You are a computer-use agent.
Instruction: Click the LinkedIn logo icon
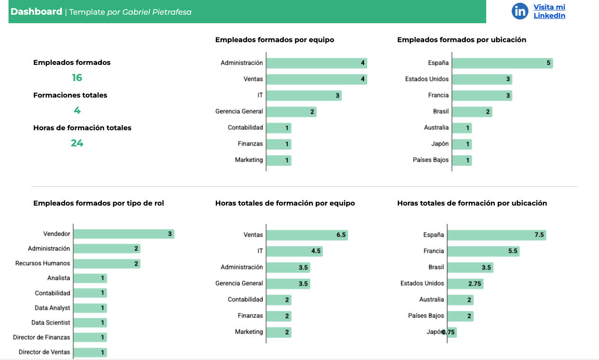point(520,11)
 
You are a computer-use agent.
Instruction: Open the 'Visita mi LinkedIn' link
point(549,11)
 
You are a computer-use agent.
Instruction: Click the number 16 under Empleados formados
point(77,78)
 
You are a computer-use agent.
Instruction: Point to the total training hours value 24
point(77,143)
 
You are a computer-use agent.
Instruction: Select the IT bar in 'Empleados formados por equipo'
point(304,96)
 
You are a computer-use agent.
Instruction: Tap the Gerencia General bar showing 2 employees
point(291,112)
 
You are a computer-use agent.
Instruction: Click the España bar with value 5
point(502,63)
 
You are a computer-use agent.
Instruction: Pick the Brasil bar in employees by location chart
point(472,112)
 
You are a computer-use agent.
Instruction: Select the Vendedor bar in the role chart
point(124,234)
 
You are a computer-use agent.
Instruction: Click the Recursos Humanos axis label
point(43,263)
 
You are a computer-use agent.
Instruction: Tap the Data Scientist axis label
point(51,323)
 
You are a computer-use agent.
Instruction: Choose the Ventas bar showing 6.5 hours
point(307,235)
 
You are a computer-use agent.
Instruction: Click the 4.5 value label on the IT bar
point(316,251)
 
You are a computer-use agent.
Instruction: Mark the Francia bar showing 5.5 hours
point(483,251)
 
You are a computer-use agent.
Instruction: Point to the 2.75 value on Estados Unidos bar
point(474,284)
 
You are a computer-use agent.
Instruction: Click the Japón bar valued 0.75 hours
point(452,332)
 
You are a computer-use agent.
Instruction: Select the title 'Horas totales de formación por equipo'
point(285,203)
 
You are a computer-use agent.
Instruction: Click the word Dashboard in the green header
point(36,12)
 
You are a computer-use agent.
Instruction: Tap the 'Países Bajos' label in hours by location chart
point(426,316)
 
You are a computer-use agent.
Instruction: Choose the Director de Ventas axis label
point(45,352)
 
